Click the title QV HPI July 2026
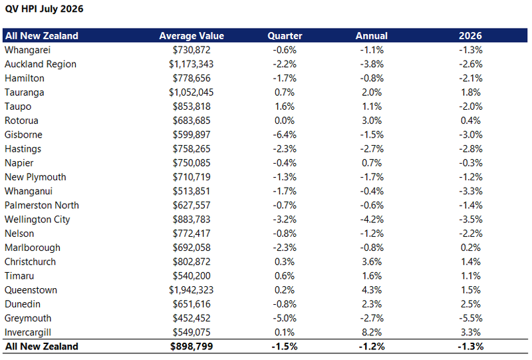44,9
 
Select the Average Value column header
192,36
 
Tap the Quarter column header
285,36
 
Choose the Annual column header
372,36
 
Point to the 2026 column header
470,36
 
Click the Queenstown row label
31,290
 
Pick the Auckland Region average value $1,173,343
192,64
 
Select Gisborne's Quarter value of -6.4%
285,135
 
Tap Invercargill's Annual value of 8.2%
372,332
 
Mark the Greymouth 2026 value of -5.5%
471,318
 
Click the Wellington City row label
37,220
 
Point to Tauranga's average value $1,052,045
192,92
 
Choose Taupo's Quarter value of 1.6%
285,106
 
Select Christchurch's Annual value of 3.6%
372,262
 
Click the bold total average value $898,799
192,347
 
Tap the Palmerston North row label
42,206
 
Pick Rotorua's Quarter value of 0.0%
285,120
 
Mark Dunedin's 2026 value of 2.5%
471,304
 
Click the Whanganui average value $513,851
192,191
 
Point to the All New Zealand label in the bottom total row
42,347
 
